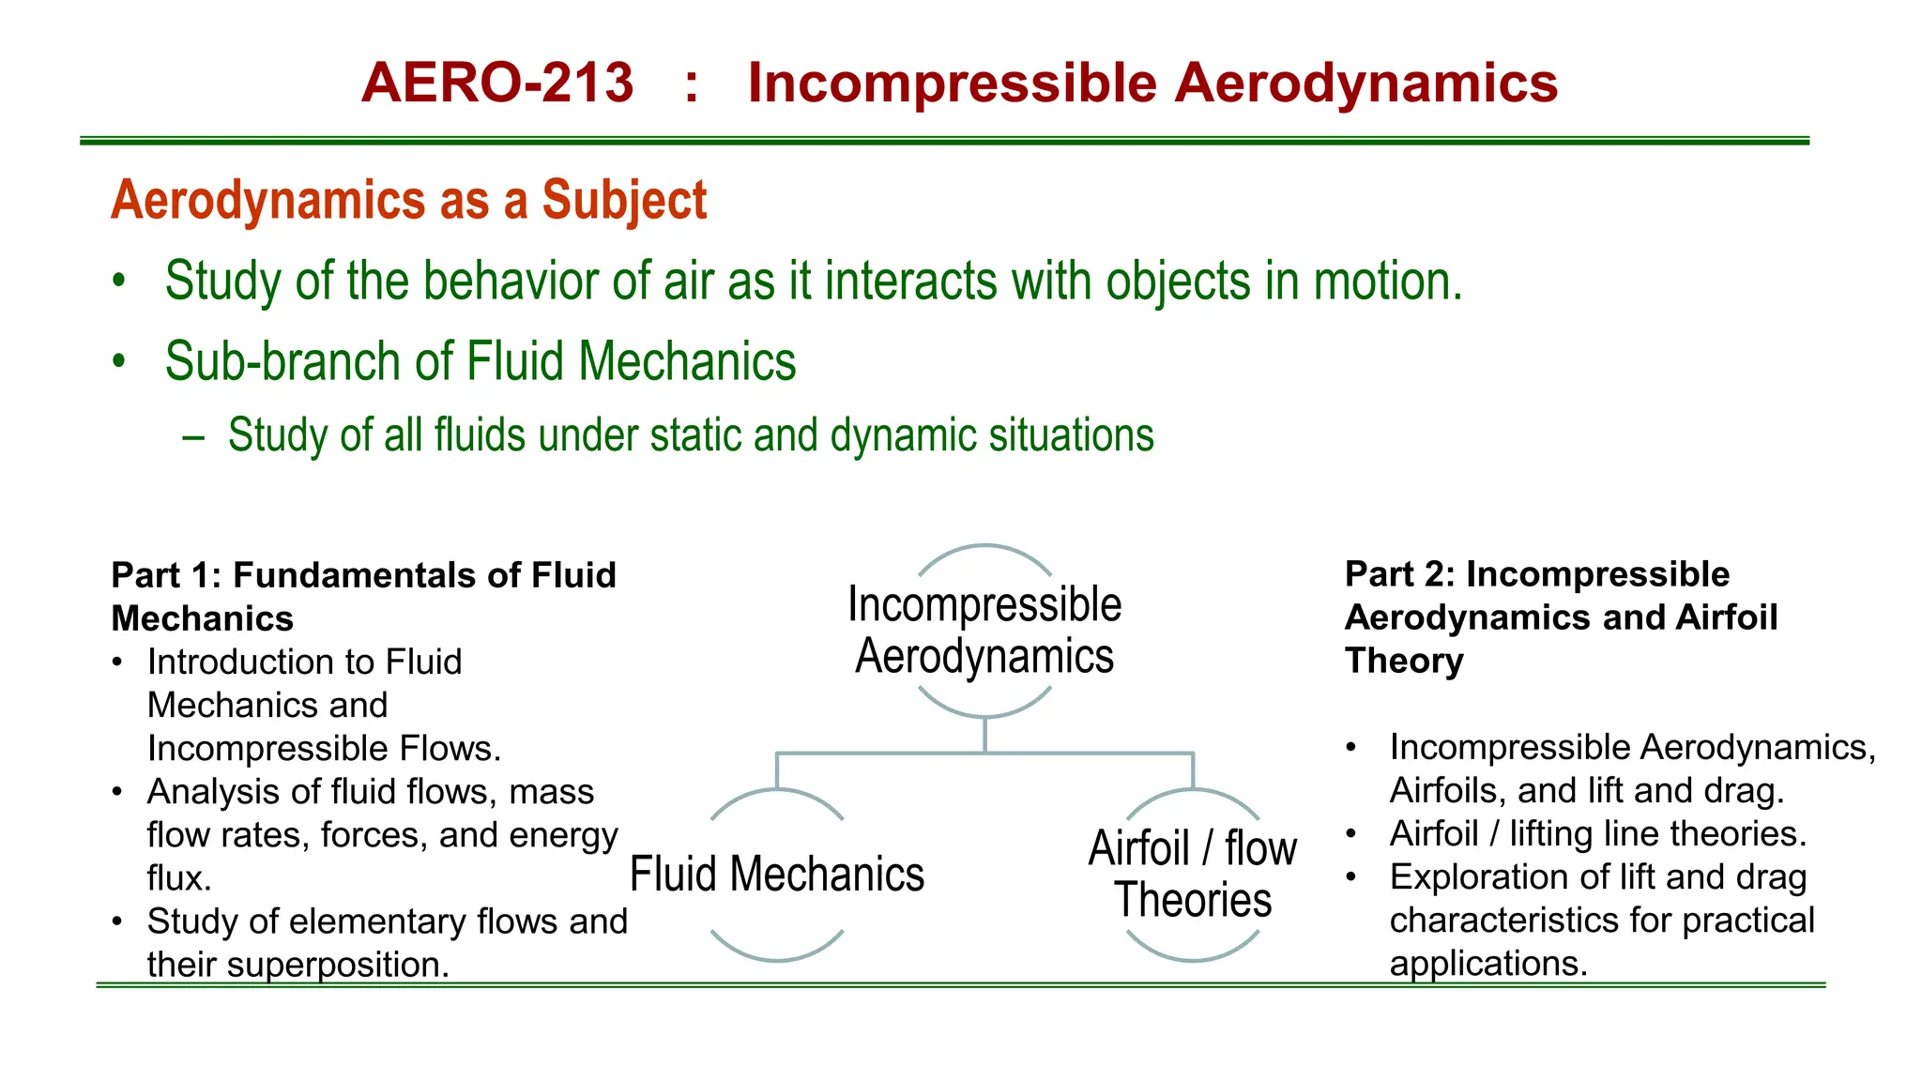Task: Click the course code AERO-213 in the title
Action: tap(497, 83)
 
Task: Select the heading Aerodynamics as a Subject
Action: tap(408, 200)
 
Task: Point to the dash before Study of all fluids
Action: tap(194, 437)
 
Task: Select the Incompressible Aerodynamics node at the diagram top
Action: tap(984, 630)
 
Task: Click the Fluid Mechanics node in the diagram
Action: tap(777, 875)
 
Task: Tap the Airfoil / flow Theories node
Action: tap(1193, 875)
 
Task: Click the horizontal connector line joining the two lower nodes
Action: tap(984, 753)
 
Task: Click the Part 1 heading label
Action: tap(362, 596)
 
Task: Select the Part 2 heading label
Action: tap(1560, 617)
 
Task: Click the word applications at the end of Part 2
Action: tap(1487, 964)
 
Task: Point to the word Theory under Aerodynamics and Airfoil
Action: tap(1403, 661)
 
